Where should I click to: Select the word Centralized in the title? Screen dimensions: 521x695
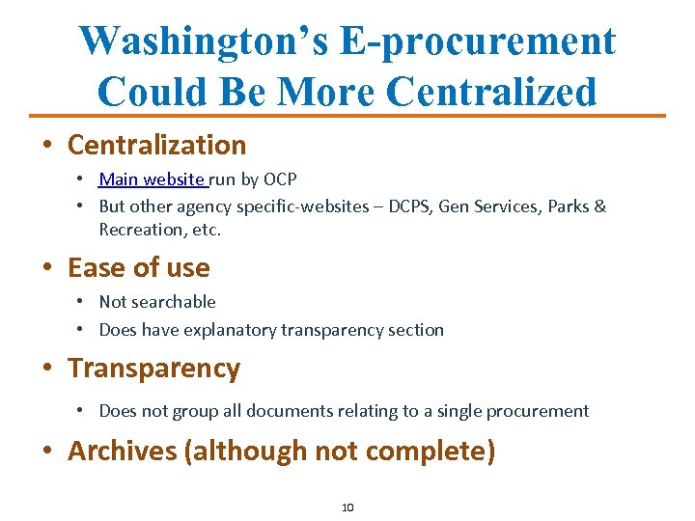coord(490,92)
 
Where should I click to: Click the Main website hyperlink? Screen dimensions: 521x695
coord(152,178)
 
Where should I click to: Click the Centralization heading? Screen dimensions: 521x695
coord(156,145)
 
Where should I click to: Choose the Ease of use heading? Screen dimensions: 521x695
coord(138,267)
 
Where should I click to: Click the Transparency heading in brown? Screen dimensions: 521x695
coord(153,368)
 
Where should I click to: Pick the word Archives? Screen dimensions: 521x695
coord(122,451)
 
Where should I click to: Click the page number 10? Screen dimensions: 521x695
coord(347,507)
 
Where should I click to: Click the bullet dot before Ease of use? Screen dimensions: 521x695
coord(47,268)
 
